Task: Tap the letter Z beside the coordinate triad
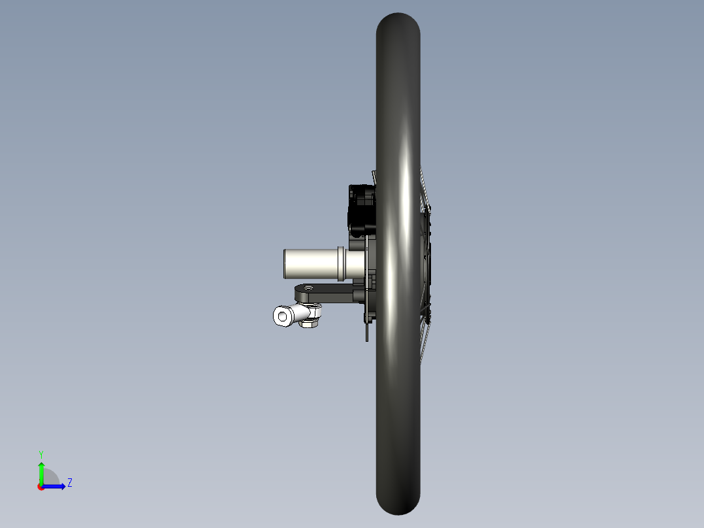(x=69, y=483)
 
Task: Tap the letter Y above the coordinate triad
(x=41, y=454)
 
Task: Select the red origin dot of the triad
(x=40, y=487)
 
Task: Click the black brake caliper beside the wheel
(x=362, y=209)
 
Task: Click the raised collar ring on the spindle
(x=341, y=262)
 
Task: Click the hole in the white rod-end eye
(x=282, y=317)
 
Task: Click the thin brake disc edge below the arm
(x=367, y=330)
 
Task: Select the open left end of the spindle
(x=285, y=263)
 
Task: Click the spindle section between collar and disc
(x=355, y=263)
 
